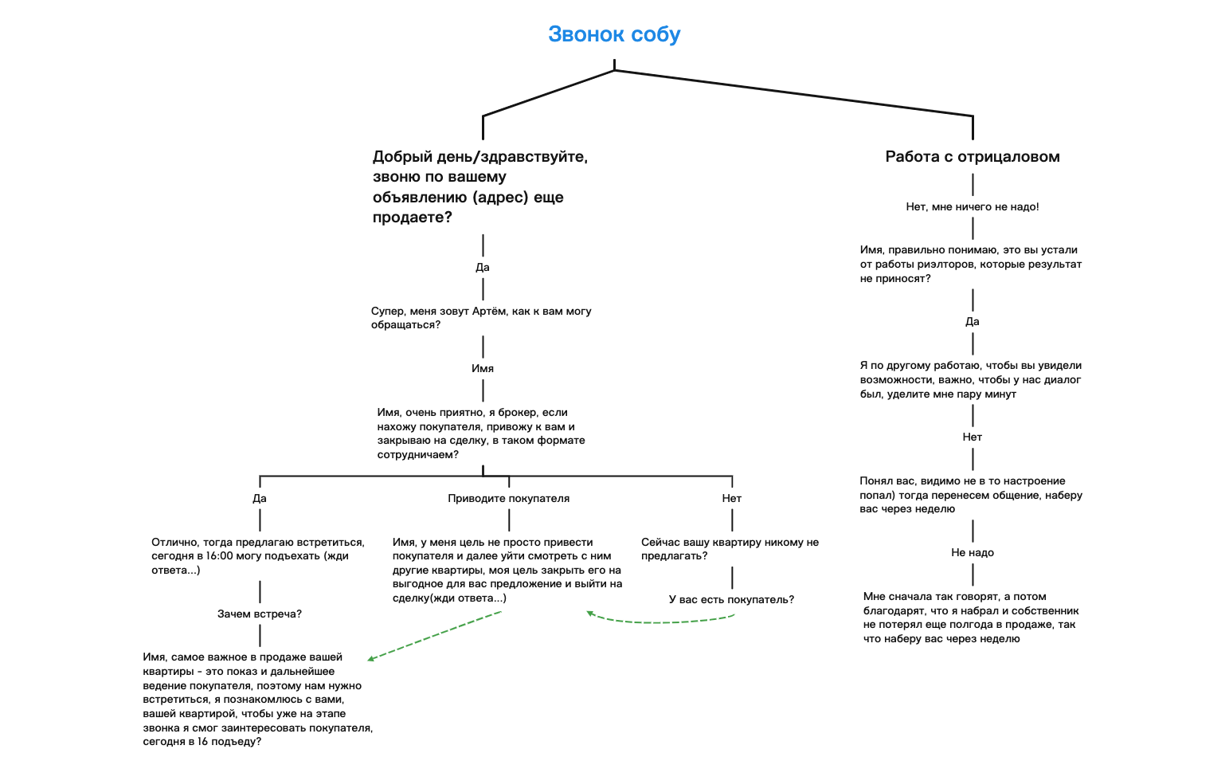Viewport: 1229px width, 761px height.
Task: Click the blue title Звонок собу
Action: (x=614, y=34)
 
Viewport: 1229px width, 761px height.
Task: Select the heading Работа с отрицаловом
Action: (x=973, y=157)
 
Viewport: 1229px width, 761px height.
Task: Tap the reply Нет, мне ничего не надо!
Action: (x=973, y=206)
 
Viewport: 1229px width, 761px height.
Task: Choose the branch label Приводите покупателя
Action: (x=509, y=498)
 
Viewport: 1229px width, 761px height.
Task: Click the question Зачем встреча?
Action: (x=260, y=614)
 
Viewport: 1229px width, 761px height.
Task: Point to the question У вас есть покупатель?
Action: (x=731, y=599)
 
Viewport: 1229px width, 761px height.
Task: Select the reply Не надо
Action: (x=973, y=552)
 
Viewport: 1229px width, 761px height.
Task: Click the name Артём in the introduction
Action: (x=489, y=311)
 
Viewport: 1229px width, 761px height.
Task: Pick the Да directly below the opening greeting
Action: (x=483, y=267)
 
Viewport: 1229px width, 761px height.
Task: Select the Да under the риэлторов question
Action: (x=973, y=321)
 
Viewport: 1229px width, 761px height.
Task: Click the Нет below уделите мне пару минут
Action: (x=973, y=437)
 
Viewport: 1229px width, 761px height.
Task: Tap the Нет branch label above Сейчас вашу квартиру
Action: (x=732, y=498)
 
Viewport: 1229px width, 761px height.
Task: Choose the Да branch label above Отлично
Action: (x=260, y=498)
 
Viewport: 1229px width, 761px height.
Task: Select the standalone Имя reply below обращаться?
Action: (x=483, y=368)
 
